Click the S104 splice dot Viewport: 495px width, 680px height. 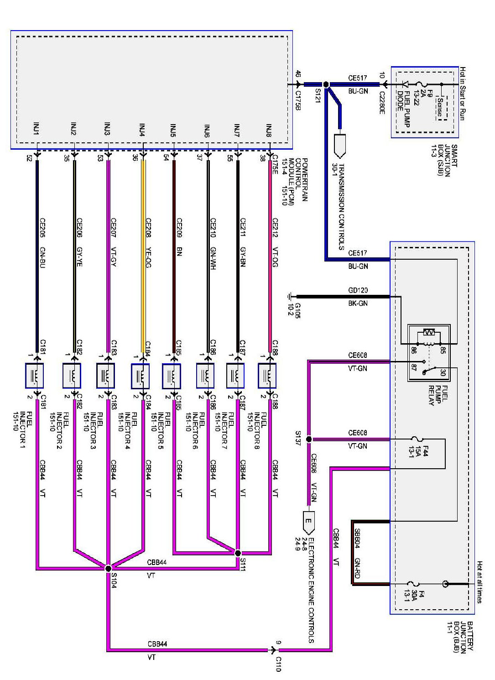click(x=108, y=568)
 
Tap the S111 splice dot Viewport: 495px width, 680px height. click(x=238, y=553)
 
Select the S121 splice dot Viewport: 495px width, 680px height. click(x=326, y=84)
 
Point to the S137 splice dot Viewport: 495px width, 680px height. click(x=309, y=439)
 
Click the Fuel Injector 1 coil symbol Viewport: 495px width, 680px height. click(x=35, y=376)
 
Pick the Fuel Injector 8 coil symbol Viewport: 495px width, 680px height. click(x=267, y=376)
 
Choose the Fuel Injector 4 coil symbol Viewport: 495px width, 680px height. click(x=140, y=376)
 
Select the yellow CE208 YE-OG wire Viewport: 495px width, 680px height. click(x=143, y=251)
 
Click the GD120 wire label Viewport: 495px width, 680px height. click(x=358, y=290)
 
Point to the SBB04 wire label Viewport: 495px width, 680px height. click(x=357, y=539)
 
